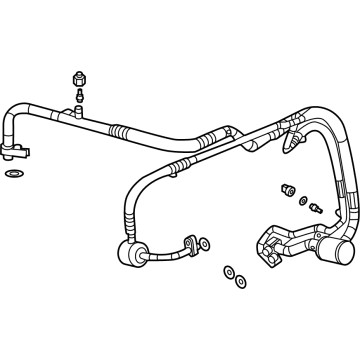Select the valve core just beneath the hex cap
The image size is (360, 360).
(x=78, y=95)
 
